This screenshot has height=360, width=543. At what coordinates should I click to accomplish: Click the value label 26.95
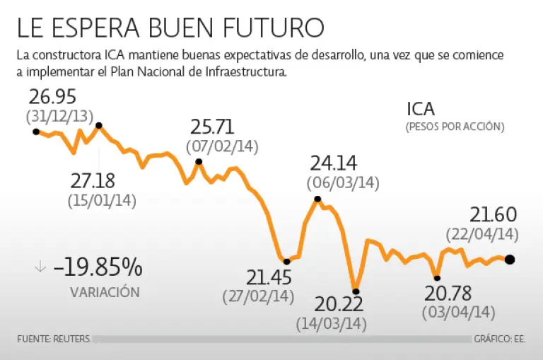coord(53,97)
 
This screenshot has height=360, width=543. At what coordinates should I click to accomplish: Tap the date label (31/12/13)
coord(59,115)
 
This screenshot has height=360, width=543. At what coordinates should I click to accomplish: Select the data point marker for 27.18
coord(99,126)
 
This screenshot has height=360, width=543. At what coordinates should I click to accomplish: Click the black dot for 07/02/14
coord(199,162)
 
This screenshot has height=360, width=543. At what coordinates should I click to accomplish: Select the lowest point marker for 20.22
coord(356,291)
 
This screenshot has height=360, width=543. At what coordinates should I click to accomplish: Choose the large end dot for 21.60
coord(510,260)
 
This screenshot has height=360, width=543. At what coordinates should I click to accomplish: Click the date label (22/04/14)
coord(483,233)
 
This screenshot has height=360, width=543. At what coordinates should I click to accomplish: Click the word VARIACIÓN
coord(105,291)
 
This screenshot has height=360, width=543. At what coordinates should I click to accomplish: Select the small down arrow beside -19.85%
coord(40,267)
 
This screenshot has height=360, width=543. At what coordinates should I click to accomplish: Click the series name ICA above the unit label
coord(421,109)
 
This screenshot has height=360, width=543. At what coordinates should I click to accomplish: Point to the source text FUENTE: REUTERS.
coord(54,339)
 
